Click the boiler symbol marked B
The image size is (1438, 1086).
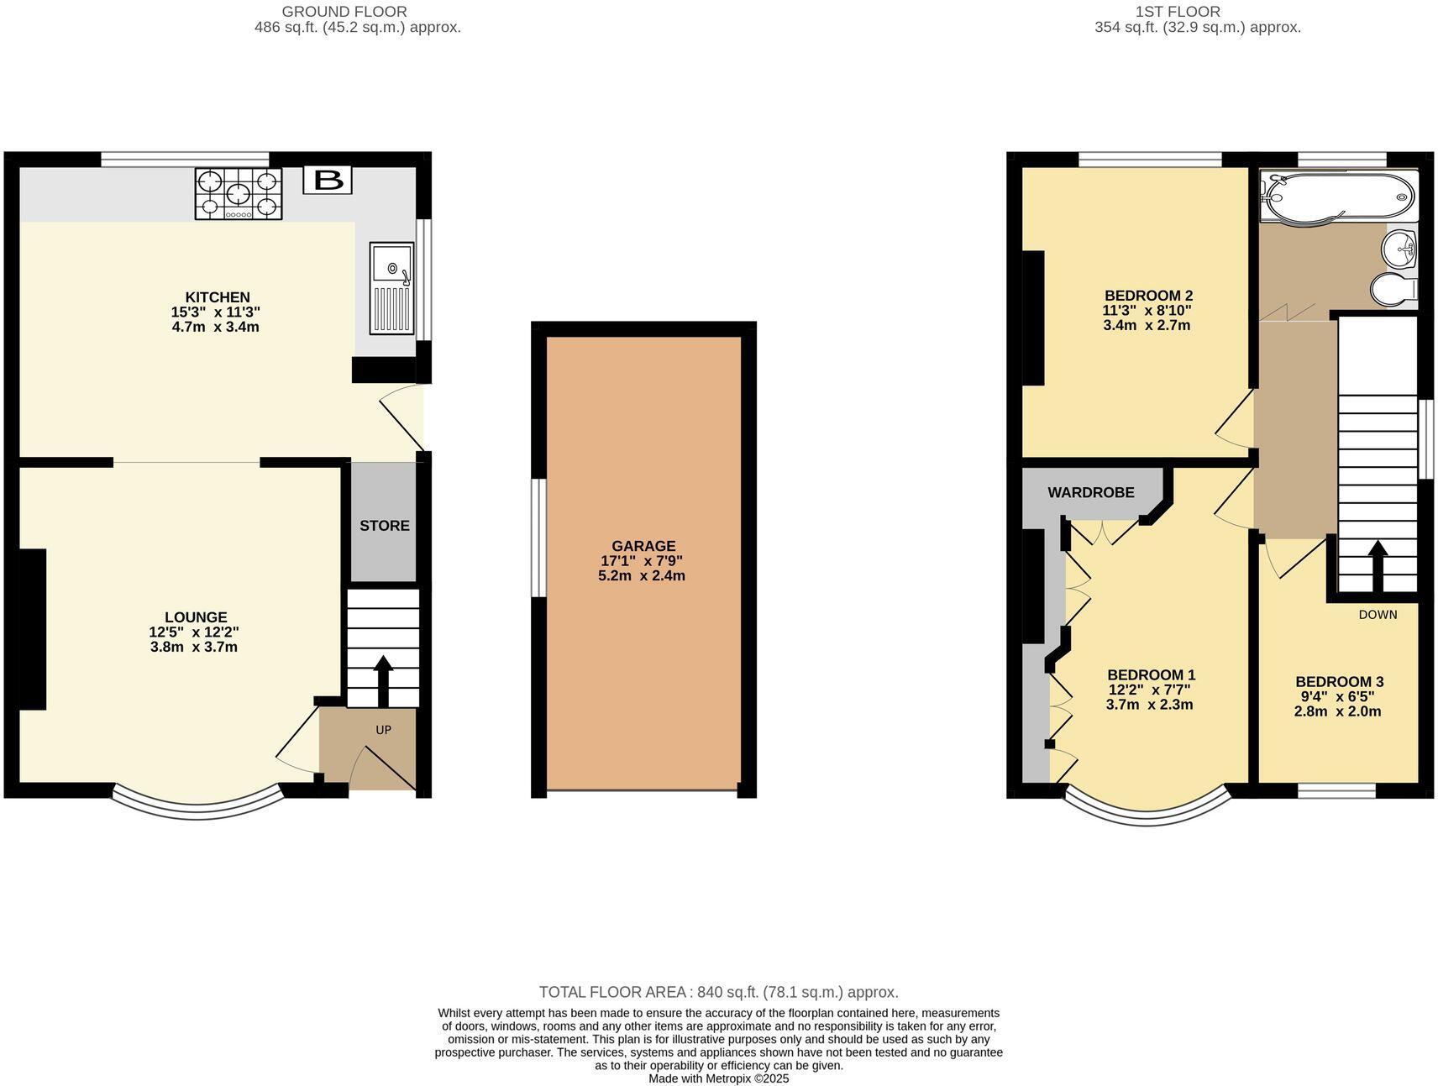[328, 180]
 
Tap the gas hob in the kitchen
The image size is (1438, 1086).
[239, 194]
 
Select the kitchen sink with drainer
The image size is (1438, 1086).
[392, 288]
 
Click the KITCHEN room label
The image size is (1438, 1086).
[218, 297]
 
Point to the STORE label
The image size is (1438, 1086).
[385, 526]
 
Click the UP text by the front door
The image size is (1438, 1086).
[383, 730]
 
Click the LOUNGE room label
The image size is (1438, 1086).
[196, 617]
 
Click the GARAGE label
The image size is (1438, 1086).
[643, 546]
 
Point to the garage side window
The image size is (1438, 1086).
[539, 538]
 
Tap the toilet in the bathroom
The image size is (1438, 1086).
[1394, 291]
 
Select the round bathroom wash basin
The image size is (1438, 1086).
[1400, 248]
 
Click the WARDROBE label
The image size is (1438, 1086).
[1090, 493]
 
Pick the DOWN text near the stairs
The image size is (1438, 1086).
[1378, 615]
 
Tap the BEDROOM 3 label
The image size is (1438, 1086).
[1339, 682]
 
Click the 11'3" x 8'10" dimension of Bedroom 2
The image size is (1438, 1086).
[1147, 311]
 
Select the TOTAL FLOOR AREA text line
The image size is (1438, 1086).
[718, 992]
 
